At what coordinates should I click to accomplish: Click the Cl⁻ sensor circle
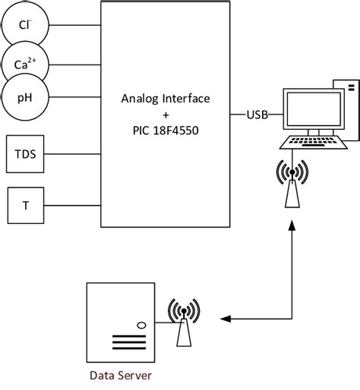pos(26,26)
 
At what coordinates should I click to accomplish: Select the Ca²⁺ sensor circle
pos(26,64)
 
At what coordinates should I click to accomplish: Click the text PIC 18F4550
pos(166,131)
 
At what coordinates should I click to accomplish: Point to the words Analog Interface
pos(166,99)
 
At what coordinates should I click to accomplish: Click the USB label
pos(256,115)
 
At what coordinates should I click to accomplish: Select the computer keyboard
pos(311,143)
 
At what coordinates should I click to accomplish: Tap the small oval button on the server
pos(141,326)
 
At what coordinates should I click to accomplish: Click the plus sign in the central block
pos(166,115)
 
